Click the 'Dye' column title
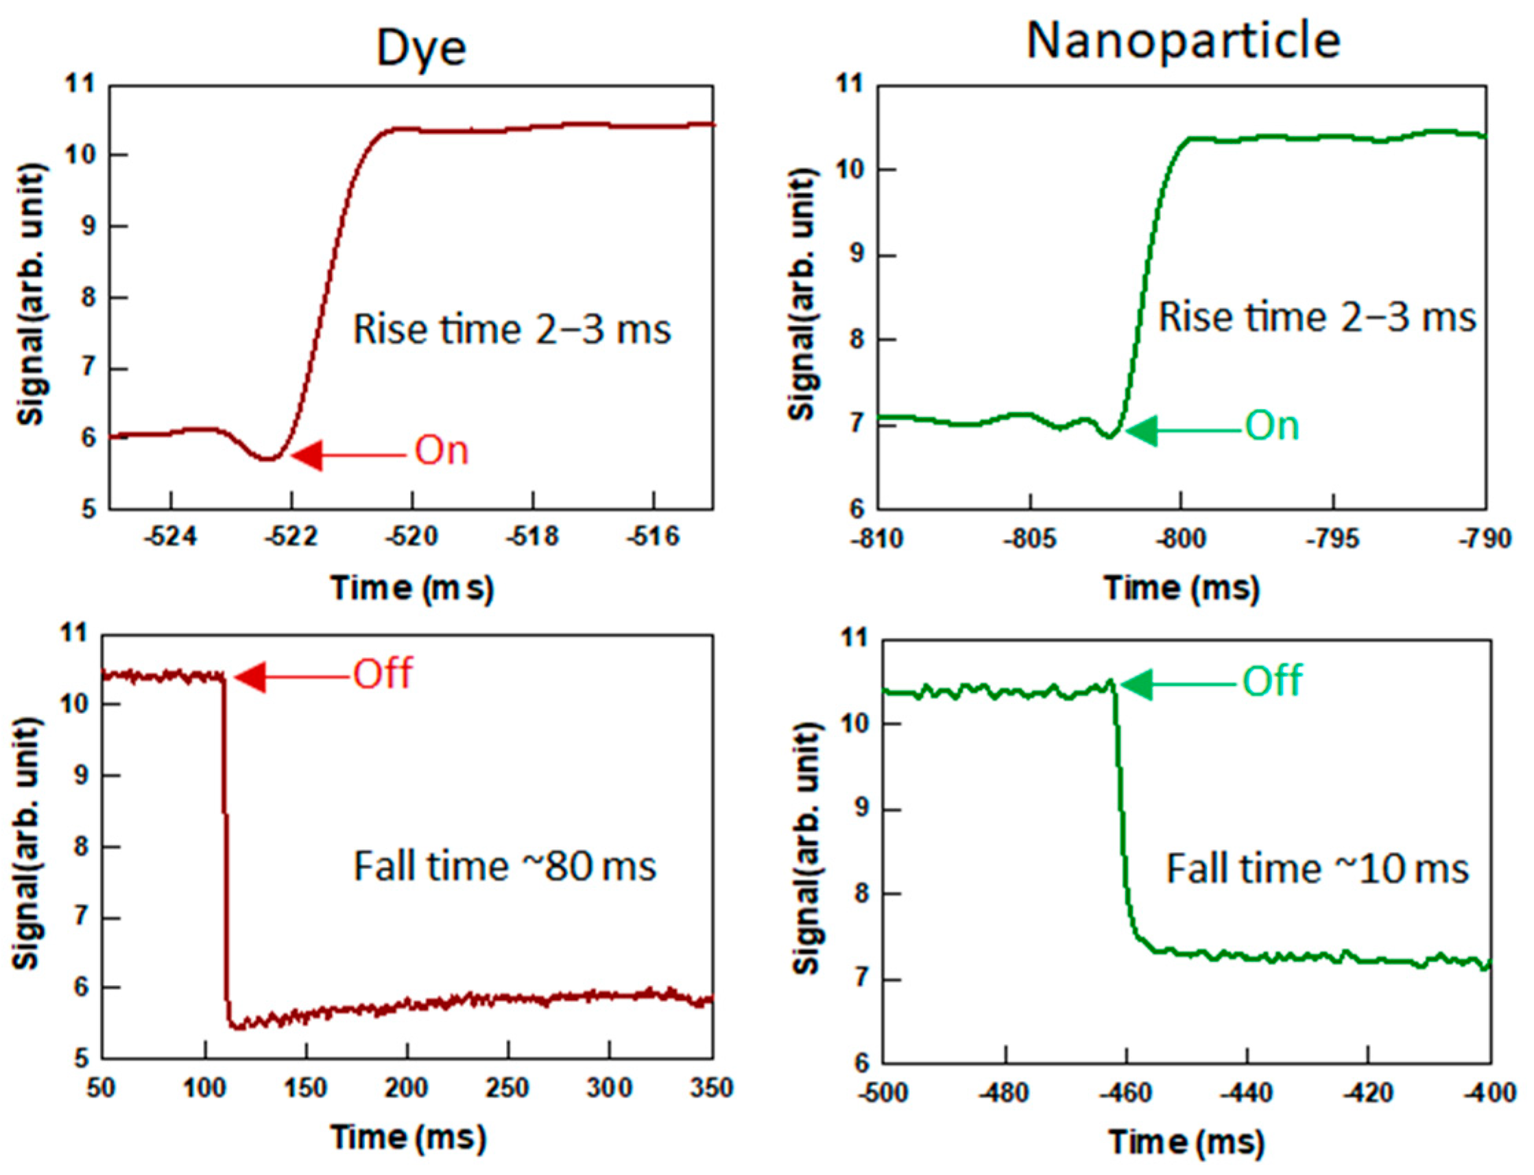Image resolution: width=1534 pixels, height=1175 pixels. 421,49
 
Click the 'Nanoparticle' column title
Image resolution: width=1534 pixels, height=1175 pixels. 1183,40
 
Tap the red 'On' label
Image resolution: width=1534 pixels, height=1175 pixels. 441,451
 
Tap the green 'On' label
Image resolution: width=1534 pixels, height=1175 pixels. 1272,425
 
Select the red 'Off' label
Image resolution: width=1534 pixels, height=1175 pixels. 383,674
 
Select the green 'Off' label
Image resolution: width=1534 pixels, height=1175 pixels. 1272,680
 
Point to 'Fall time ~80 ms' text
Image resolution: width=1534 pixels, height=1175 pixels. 505,866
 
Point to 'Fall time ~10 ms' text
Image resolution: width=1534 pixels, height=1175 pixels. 1317,869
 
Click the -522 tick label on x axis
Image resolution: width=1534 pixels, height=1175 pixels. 291,537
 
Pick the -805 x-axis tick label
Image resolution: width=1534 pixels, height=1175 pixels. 1029,539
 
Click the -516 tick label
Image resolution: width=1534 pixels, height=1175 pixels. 653,537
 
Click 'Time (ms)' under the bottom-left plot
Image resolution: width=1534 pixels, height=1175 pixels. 407,1137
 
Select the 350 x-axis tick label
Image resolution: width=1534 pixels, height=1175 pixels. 711,1088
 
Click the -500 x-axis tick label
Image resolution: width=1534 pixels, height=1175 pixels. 883,1092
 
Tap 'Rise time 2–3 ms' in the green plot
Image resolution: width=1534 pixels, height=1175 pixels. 1317,318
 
